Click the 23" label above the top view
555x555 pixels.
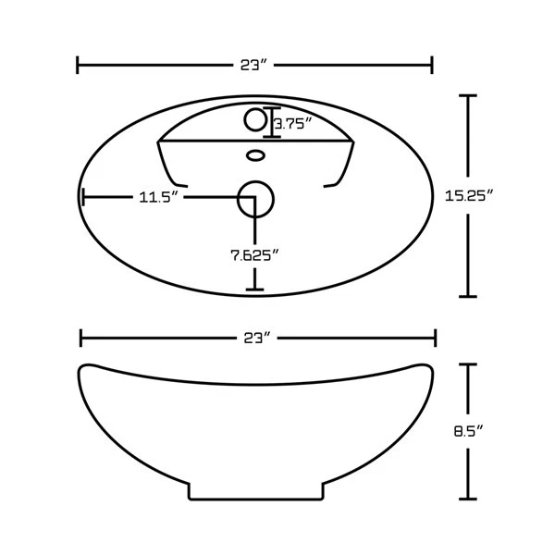click(253, 65)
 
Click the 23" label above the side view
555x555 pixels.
click(256, 339)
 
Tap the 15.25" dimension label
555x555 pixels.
click(469, 196)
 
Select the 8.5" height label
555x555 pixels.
click(468, 431)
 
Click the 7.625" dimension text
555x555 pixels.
click(255, 255)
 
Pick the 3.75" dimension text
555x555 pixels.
click(293, 124)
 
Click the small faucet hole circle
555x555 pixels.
click(255, 120)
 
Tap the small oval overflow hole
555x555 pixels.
click(255, 155)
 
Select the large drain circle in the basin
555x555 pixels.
click(255, 199)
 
